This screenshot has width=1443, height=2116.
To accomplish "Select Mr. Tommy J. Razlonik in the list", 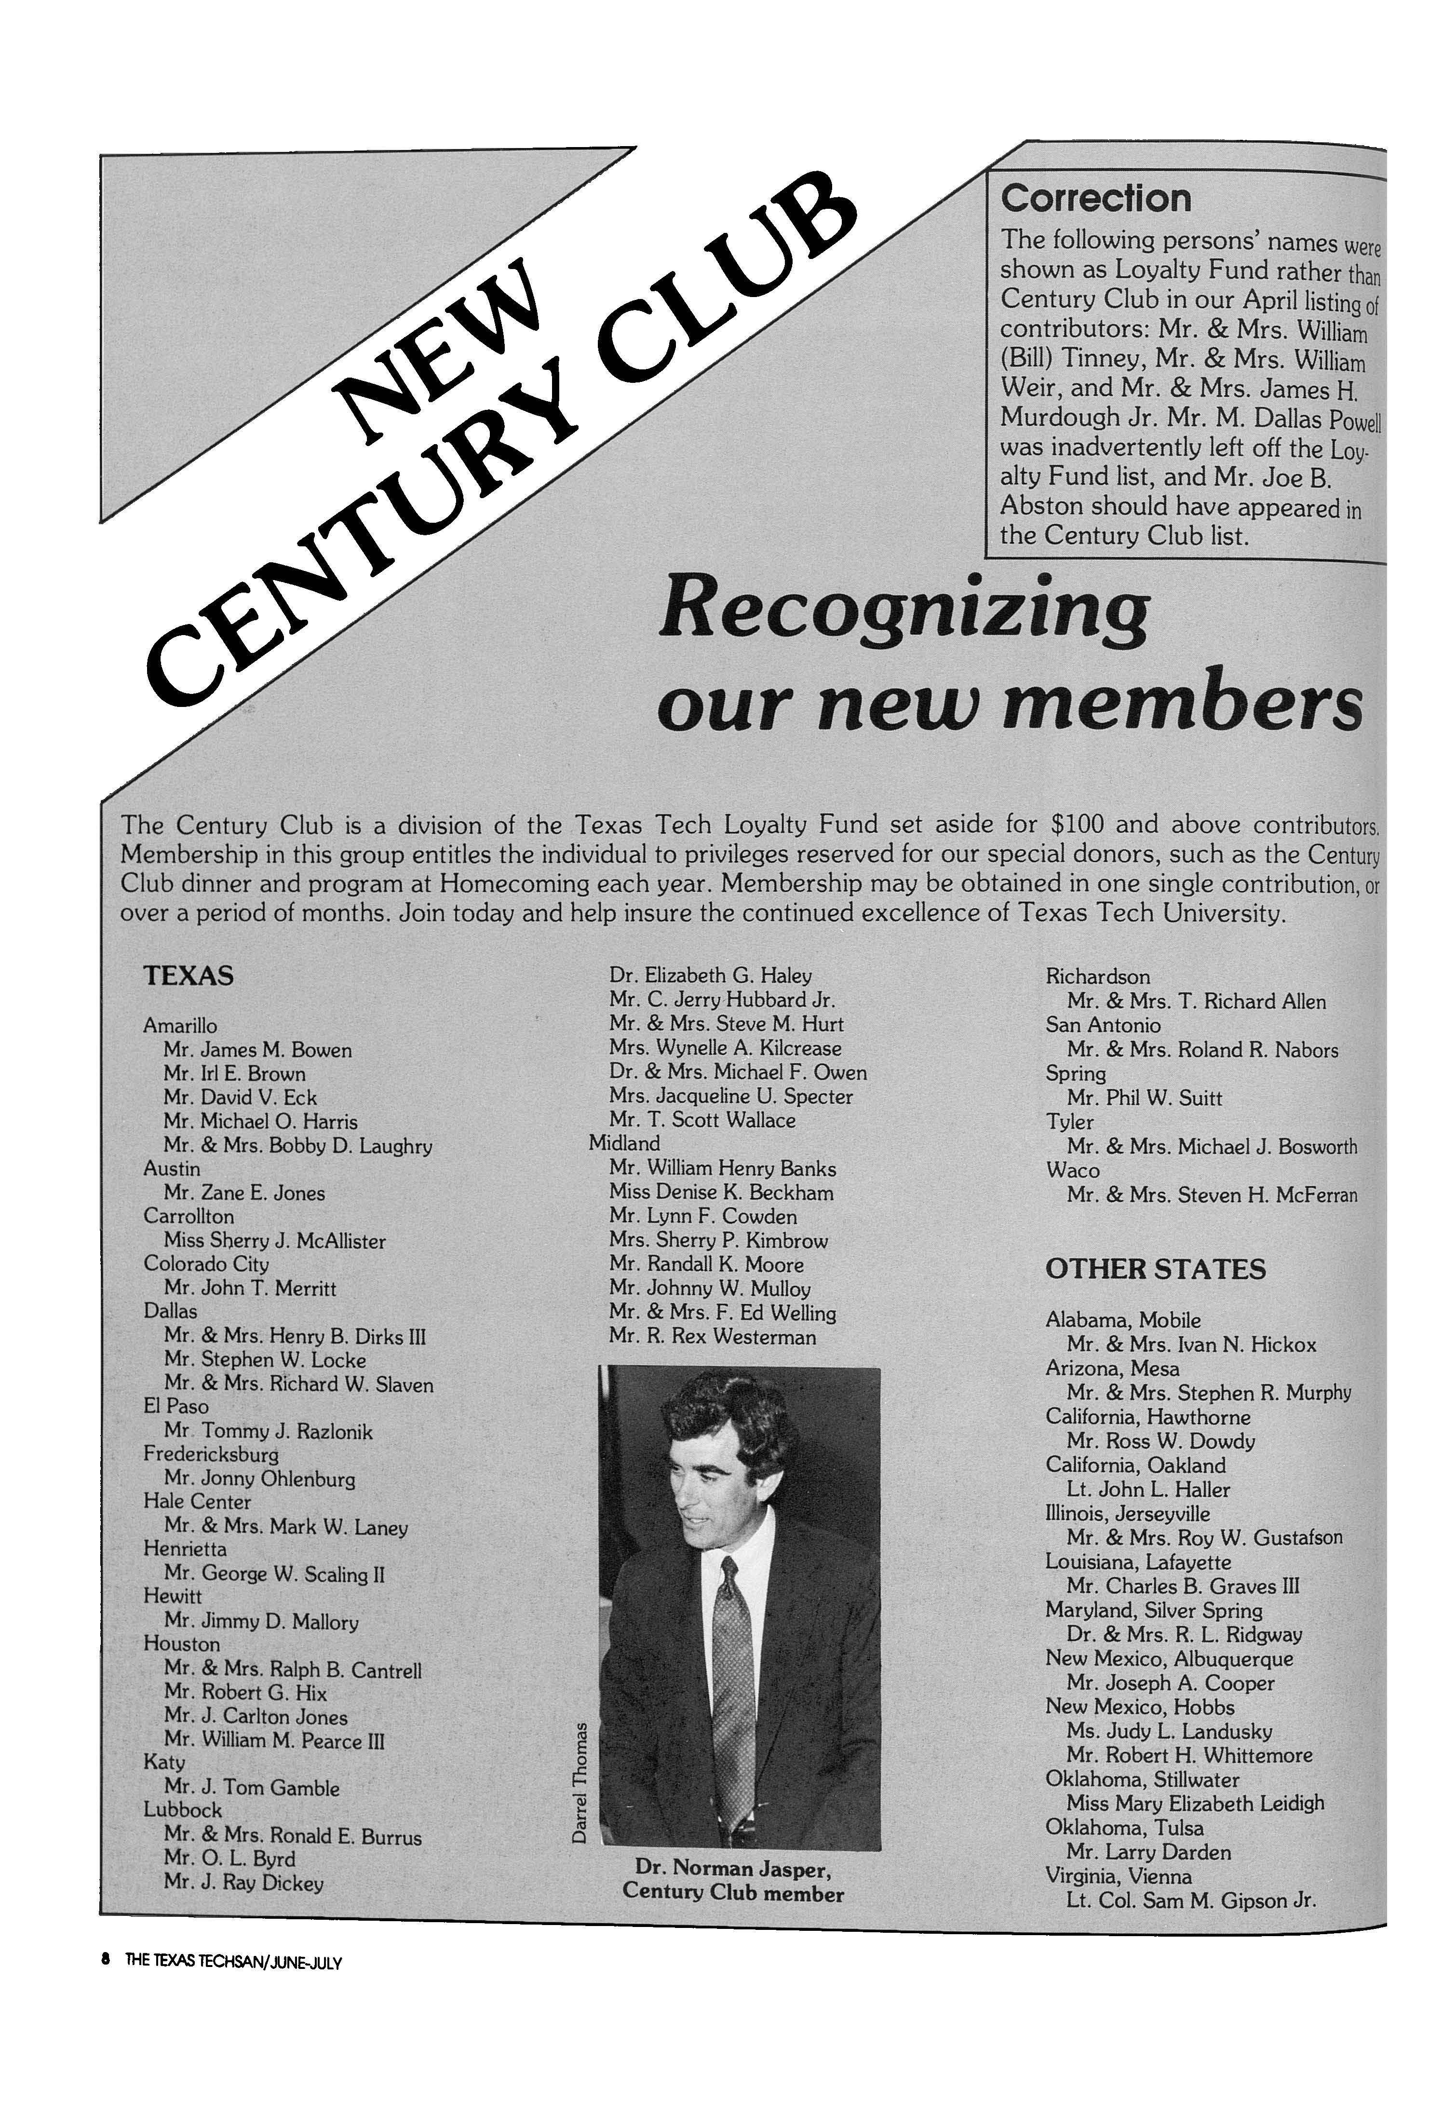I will (x=269, y=1431).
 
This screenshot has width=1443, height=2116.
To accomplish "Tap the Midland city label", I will (x=624, y=1143).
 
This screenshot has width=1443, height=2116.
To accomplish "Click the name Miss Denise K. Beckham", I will (x=721, y=1192).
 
